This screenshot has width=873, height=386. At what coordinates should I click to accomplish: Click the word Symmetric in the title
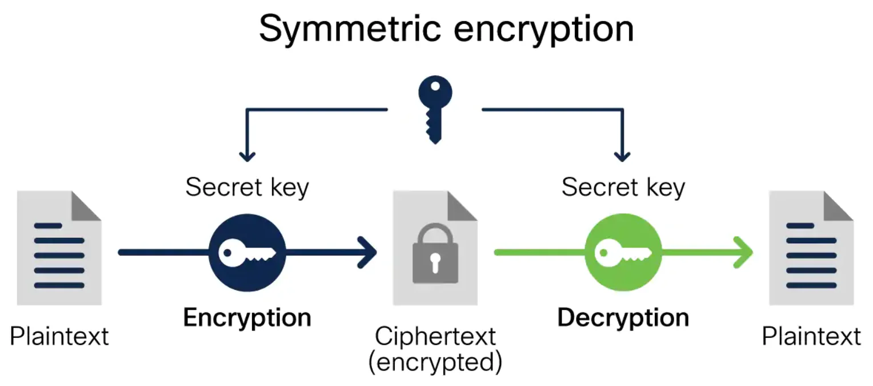[x=350, y=29]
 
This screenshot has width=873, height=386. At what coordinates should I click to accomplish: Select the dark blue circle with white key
[x=247, y=253]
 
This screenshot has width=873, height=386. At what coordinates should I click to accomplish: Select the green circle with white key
[x=623, y=252]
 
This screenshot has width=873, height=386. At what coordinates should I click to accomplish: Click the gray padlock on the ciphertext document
[x=435, y=253]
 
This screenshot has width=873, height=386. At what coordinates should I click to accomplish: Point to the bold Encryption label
[x=247, y=318]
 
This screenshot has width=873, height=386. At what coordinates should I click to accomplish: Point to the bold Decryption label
[x=623, y=318]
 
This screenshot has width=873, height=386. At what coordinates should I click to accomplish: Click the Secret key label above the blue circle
[x=247, y=188]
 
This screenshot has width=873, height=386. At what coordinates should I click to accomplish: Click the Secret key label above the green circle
[x=623, y=188]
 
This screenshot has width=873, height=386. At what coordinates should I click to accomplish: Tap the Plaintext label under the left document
[x=59, y=336]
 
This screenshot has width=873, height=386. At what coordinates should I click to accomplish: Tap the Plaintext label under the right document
[x=811, y=336]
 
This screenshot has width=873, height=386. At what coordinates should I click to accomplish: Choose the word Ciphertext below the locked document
[x=435, y=336]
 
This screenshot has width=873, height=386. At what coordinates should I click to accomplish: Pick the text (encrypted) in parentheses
[x=435, y=362]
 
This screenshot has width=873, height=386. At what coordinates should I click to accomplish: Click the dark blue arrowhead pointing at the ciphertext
[x=367, y=253]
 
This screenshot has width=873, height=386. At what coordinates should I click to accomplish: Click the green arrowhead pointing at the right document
[x=743, y=252]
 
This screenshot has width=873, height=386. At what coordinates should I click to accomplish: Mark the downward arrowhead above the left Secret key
[x=247, y=157]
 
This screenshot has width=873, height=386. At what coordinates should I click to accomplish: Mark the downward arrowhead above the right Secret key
[x=622, y=157]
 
